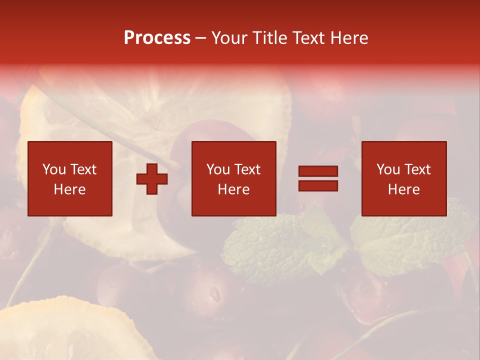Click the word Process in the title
157,37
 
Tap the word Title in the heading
268,37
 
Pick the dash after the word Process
201,38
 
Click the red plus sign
152,179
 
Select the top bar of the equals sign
318,171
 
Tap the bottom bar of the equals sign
318,185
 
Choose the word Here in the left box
69,189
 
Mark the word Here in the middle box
233,189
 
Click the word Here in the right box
403,189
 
